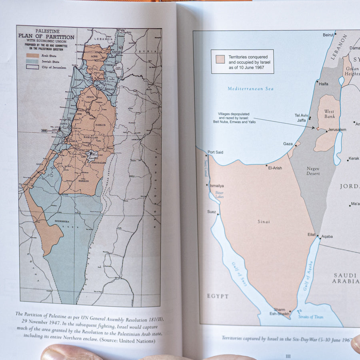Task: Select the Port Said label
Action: point(215,152)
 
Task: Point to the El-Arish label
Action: point(275,168)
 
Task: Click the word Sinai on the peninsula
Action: point(264,222)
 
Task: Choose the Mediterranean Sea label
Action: point(251,89)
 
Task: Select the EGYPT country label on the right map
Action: point(218,296)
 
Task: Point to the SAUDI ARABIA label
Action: point(345,278)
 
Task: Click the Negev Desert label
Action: point(313,171)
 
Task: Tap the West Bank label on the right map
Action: point(329,114)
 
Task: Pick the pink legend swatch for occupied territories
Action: point(220,60)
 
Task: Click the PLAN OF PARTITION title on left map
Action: point(46,37)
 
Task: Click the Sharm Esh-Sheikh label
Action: point(280,312)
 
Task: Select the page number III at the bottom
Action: point(288,356)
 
